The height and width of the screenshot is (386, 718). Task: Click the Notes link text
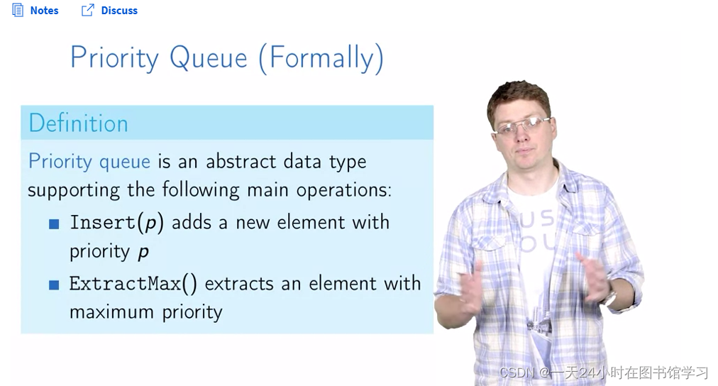pyautogui.click(x=45, y=11)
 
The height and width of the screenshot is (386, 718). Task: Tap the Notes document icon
pyautogui.click(x=18, y=10)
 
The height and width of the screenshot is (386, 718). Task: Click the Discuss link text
pyautogui.click(x=119, y=11)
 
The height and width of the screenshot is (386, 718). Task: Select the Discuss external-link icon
pyautogui.click(x=87, y=10)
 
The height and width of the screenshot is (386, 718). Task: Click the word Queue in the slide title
pyautogui.click(x=209, y=59)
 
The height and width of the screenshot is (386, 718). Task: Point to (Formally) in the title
pyautogui.click(x=321, y=59)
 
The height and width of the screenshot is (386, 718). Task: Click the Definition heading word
pyautogui.click(x=78, y=123)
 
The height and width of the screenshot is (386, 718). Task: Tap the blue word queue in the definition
pyautogui.click(x=125, y=162)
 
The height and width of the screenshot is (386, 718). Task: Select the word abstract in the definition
pyautogui.click(x=241, y=161)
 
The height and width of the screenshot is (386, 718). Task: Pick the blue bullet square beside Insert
pyautogui.click(x=54, y=224)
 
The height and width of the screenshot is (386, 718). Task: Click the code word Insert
pyautogui.click(x=103, y=223)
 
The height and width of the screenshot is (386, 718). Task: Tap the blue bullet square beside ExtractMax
pyautogui.click(x=54, y=285)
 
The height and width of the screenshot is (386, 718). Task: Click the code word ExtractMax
pyautogui.click(x=125, y=284)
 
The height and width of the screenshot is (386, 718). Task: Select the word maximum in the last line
pyautogui.click(x=111, y=313)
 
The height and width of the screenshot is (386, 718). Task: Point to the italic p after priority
pyautogui.click(x=143, y=253)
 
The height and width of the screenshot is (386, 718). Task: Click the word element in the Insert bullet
pyautogui.click(x=311, y=223)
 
